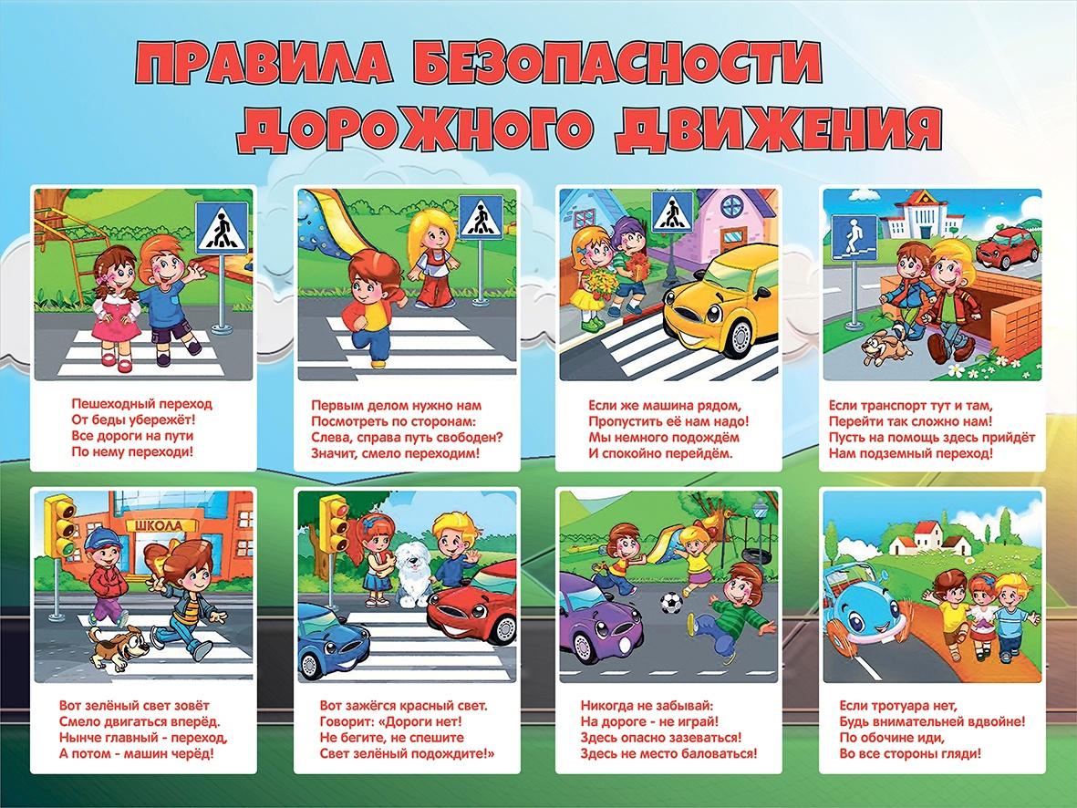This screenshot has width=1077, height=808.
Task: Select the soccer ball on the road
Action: pyautogui.click(x=671, y=603)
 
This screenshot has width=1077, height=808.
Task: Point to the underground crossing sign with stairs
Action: pyautogui.click(x=854, y=238)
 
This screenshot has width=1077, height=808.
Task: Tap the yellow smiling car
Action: pyautogui.click(x=721, y=299)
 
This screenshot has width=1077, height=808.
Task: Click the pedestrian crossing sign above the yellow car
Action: pyautogui.click(x=672, y=212)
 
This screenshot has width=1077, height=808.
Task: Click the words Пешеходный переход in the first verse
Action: pyautogui.click(x=142, y=403)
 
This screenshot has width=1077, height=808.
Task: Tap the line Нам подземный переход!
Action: pyautogui.click(x=911, y=453)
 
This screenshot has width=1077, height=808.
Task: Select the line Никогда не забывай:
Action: pyautogui.click(x=647, y=706)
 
